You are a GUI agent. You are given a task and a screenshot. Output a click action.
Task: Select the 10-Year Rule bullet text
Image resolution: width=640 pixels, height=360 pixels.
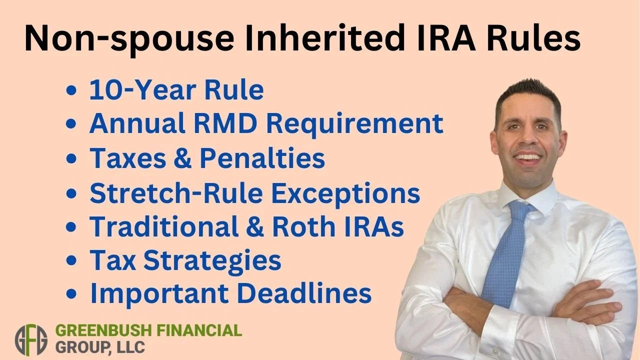click(x=176, y=90)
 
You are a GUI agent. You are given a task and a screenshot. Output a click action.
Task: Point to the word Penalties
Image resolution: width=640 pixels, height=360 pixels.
click(x=262, y=158)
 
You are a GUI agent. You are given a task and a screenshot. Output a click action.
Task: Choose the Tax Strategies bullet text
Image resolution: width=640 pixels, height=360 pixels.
click(x=185, y=260)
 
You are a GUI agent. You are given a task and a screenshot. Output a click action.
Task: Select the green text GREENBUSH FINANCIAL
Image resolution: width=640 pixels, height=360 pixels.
click(x=148, y=331)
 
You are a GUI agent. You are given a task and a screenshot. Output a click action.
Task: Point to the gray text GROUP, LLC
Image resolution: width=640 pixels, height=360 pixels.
click(x=100, y=347)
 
